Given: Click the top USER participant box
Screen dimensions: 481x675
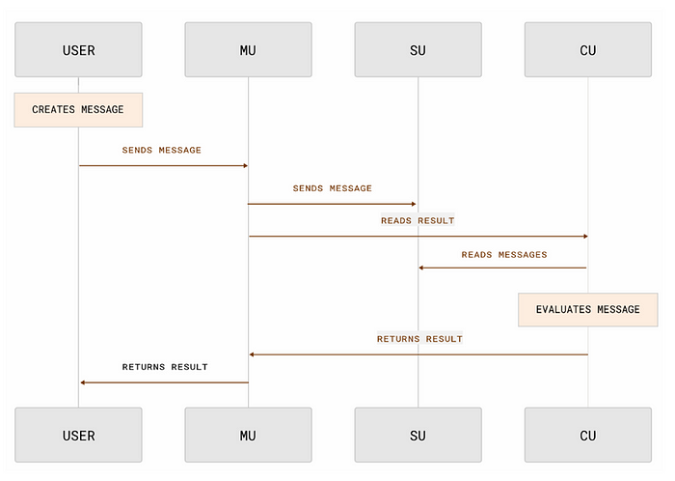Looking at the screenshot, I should click(x=78, y=49).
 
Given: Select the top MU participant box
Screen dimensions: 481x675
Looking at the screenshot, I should click(x=248, y=49).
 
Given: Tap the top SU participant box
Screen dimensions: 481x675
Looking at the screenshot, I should click(x=418, y=49).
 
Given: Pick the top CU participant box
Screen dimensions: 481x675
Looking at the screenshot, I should click(x=587, y=49).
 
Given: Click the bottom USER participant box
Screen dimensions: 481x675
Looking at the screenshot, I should click(x=78, y=435).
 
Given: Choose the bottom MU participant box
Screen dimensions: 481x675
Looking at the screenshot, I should click(x=248, y=435).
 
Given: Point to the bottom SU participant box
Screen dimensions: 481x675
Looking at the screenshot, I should click(x=418, y=435).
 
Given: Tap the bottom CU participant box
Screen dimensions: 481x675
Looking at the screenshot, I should click(x=587, y=435).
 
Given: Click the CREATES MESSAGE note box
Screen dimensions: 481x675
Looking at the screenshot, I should click(x=78, y=109).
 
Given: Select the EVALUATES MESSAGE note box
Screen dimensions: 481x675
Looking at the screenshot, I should click(x=587, y=309).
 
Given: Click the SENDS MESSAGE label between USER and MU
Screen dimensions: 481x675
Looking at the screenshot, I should click(x=162, y=151).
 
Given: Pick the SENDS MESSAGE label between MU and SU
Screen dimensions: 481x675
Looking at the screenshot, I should click(x=333, y=188).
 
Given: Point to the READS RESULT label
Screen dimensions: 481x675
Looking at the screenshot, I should click(x=418, y=221).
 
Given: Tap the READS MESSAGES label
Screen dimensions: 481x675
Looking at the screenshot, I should click(x=503, y=255).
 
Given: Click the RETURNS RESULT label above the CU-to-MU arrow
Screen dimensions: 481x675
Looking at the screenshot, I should click(x=419, y=339).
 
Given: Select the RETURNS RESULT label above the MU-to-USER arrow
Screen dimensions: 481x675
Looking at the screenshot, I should click(x=165, y=367).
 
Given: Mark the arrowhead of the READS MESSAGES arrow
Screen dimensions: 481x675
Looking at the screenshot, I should click(x=421, y=268).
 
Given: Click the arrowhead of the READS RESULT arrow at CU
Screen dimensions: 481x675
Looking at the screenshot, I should click(x=583, y=236).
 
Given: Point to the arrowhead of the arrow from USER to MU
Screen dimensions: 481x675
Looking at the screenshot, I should click(x=244, y=165).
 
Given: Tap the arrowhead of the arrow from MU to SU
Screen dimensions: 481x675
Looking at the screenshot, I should click(x=414, y=204).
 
